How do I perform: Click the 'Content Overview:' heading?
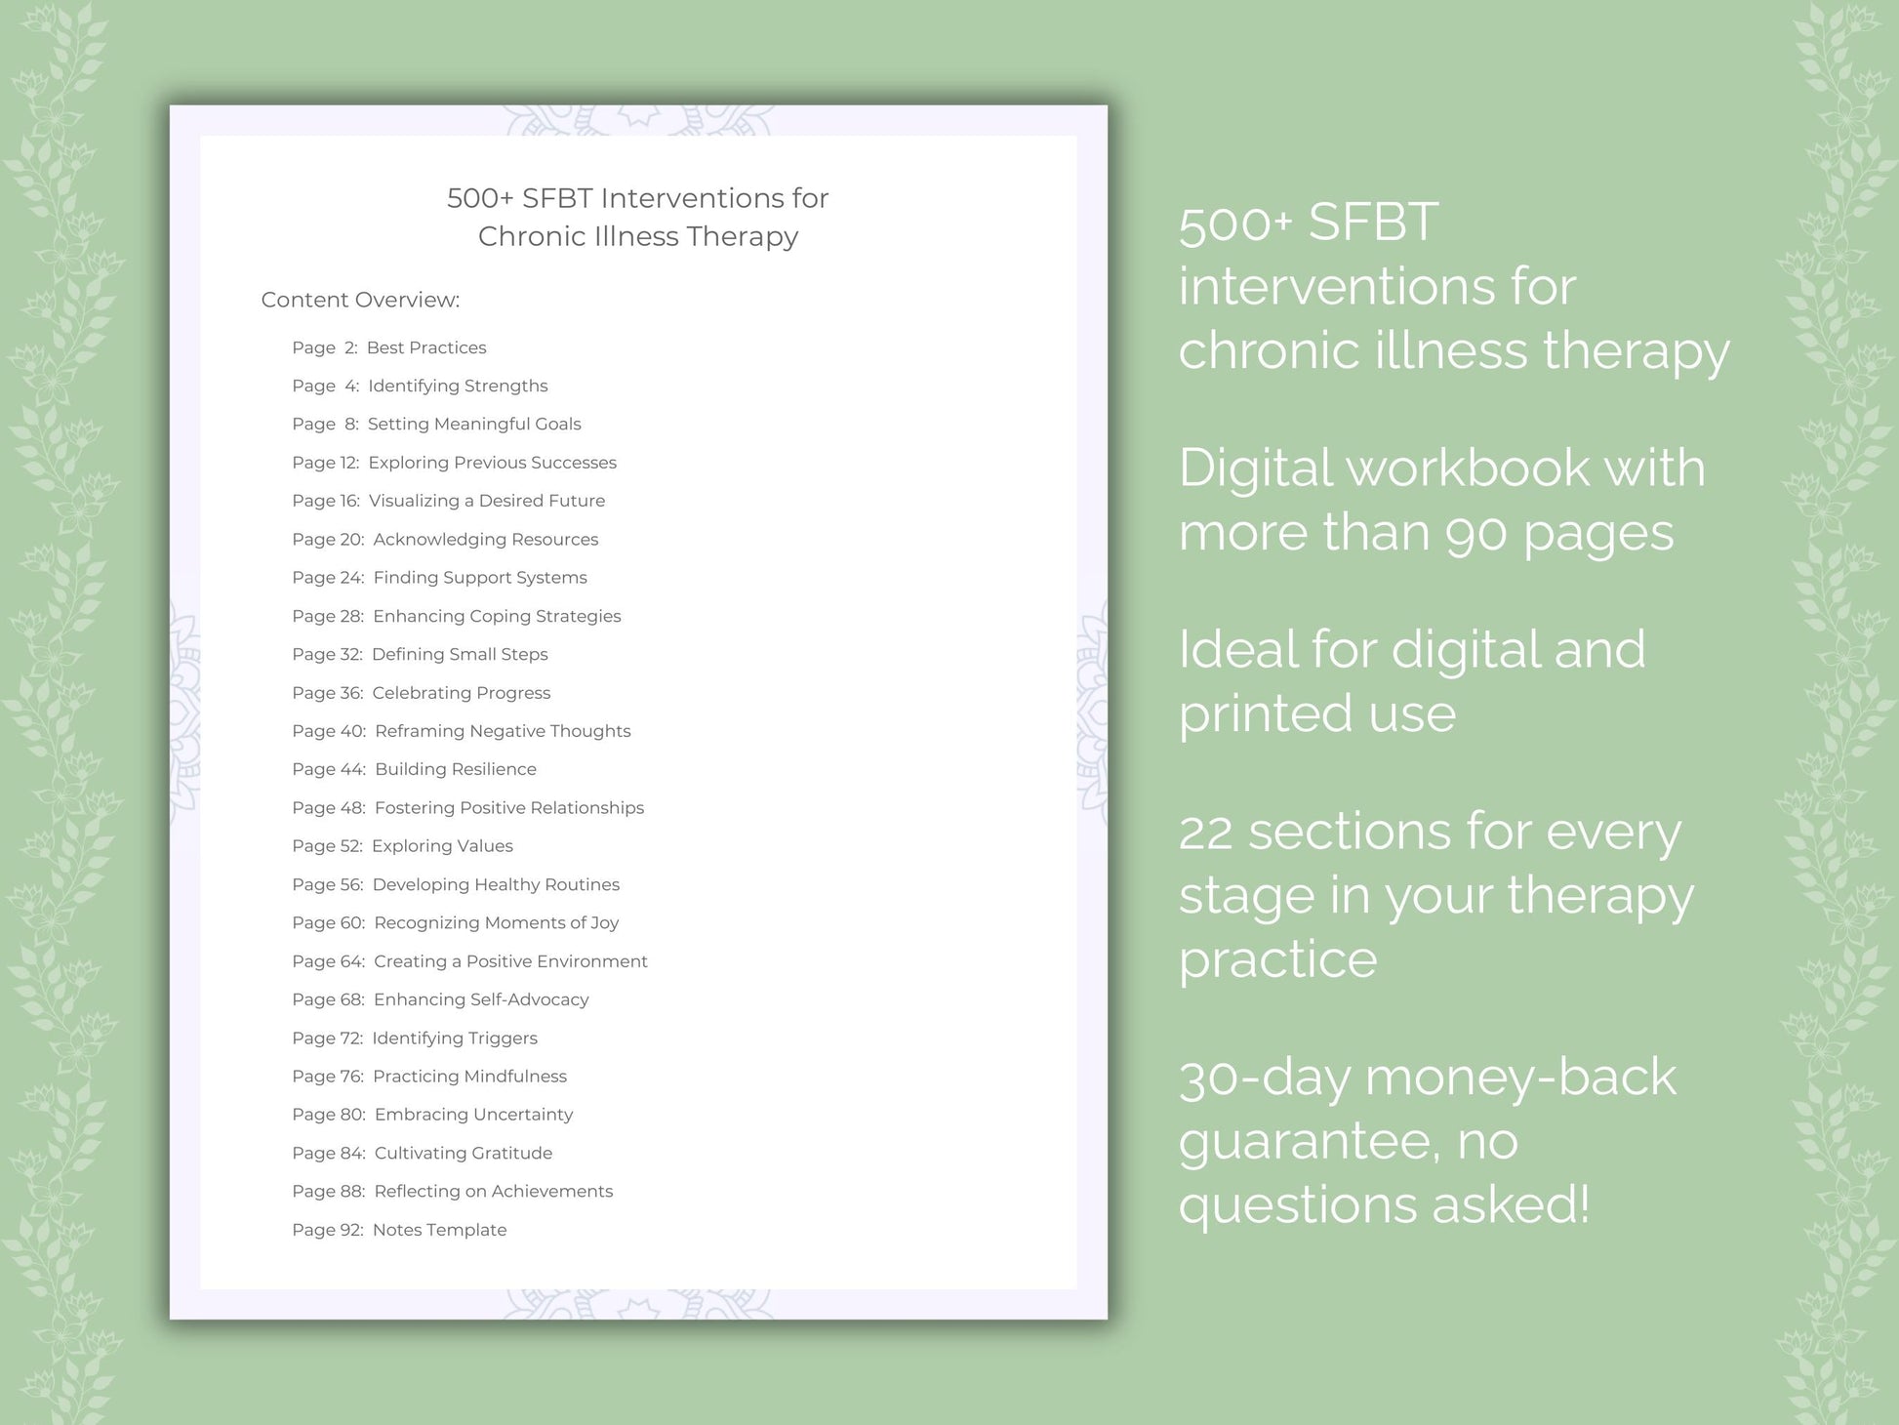(x=360, y=300)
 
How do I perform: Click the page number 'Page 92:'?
(x=328, y=1230)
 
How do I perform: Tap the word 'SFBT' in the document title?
(x=557, y=198)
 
